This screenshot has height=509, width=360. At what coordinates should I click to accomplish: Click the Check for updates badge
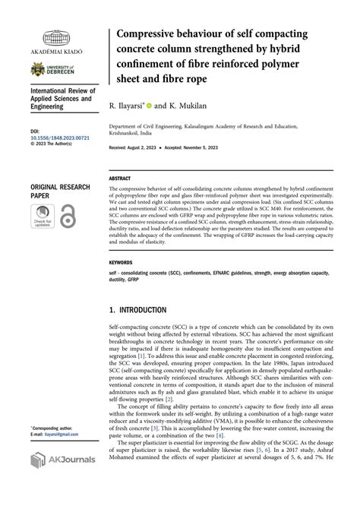click(45, 220)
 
